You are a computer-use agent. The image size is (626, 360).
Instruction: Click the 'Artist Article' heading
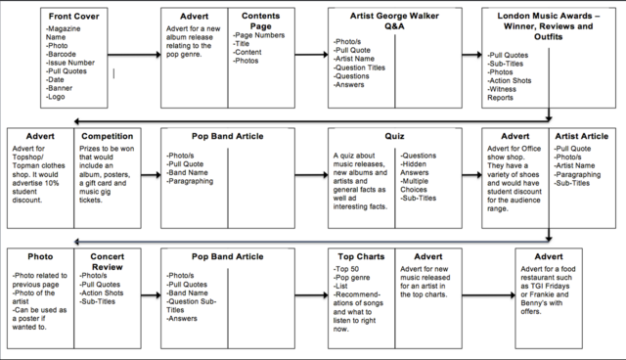[581, 137]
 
